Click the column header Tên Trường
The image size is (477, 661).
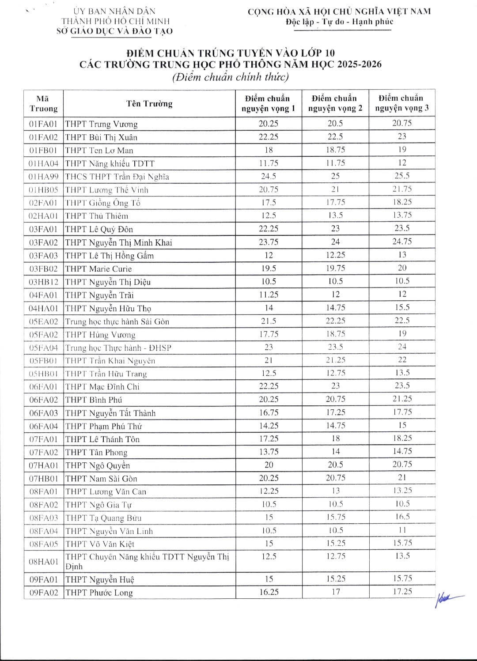click(x=149, y=104)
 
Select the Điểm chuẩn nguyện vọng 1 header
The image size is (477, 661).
click(x=268, y=103)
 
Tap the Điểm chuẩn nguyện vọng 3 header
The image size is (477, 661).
click(x=402, y=103)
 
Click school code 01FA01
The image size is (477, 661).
click(x=43, y=124)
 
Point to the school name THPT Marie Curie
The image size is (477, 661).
click(x=98, y=269)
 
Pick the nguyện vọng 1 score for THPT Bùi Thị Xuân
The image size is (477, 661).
click(x=268, y=137)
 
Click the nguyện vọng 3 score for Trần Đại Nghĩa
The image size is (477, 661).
click(x=402, y=176)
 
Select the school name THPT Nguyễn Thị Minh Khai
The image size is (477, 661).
click(x=118, y=242)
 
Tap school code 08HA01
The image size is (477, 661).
click(x=43, y=562)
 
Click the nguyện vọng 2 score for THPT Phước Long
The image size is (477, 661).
click(x=336, y=592)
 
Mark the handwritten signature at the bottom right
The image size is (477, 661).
click(x=448, y=599)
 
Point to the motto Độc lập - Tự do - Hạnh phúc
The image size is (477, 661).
click(x=339, y=22)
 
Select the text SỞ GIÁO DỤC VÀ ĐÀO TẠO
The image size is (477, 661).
click(x=115, y=31)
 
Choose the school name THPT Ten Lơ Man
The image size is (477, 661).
click(x=99, y=151)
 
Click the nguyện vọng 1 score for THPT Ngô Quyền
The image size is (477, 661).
click(x=268, y=465)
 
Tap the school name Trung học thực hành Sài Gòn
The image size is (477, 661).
click(x=117, y=321)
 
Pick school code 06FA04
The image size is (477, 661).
click(x=43, y=426)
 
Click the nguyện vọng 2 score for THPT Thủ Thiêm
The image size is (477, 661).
click(x=336, y=215)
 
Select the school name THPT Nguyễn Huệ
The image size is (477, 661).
click(x=100, y=579)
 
